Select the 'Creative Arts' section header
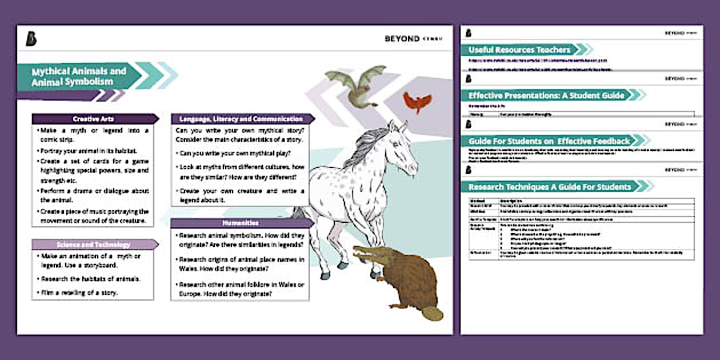pyautogui.click(x=94, y=119)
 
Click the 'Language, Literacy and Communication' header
pyautogui.click(x=241, y=119)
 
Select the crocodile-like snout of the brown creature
pyautogui.click(x=367, y=253)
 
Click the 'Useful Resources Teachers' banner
pyautogui.click(x=519, y=50)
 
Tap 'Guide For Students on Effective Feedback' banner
pyautogui.click(x=549, y=141)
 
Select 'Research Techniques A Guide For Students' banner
pyautogui.click(x=550, y=186)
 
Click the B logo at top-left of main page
pyautogui.click(x=31, y=38)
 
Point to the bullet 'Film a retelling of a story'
pyautogui.click(x=79, y=293)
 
